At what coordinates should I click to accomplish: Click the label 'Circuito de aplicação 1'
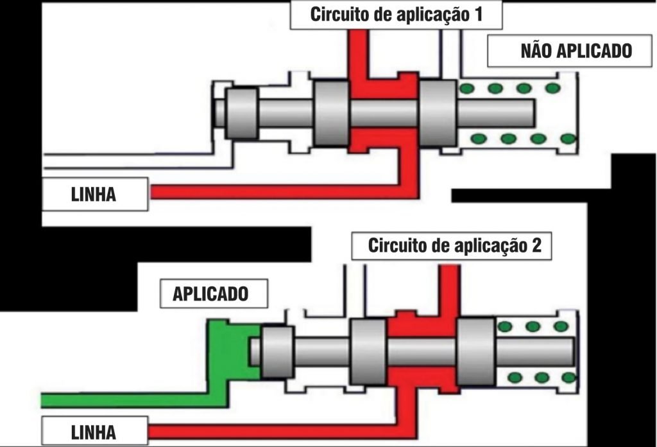[x=396, y=15]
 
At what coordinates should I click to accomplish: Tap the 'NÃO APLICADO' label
[x=559, y=51]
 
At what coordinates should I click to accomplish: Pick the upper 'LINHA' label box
[x=95, y=195]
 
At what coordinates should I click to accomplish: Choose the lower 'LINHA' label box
[x=95, y=430]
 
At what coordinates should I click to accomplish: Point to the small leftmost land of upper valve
[x=243, y=114]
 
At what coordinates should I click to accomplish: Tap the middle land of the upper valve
[x=332, y=114]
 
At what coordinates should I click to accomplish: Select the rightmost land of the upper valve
[x=438, y=114]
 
